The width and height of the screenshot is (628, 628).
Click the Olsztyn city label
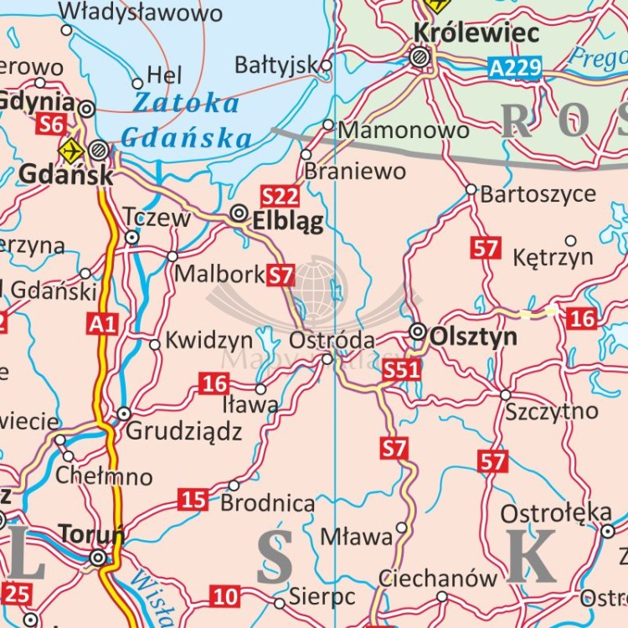pyautogui.click(x=472, y=337)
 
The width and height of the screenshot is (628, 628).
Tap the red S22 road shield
pyautogui.click(x=280, y=196)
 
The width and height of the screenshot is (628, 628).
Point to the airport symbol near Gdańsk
pyautogui.click(x=70, y=152)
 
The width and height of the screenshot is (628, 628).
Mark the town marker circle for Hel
pyautogui.click(x=137, y=83)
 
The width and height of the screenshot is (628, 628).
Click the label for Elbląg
pyautogui.click(x=287, y=219)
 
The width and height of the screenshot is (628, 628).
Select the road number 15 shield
pyautogui.click(x=193, y=500)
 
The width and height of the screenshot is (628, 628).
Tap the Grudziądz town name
pyautogui.click(x=183, y=431)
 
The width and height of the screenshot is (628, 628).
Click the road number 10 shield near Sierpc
pyautogui.click(x=224, y=597)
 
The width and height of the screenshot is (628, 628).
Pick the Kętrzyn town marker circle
pyautogui.click(x=571, y=240)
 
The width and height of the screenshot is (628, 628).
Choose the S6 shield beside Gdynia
pyautogui.click(x=51, y=125)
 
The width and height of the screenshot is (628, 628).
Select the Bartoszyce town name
pyautogui.click(x=538, y=194)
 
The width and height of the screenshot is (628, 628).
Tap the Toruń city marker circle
pyautogui.click(x=99, y=558)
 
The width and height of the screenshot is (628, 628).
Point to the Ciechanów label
pyautogui.click(x=438, y=578)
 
